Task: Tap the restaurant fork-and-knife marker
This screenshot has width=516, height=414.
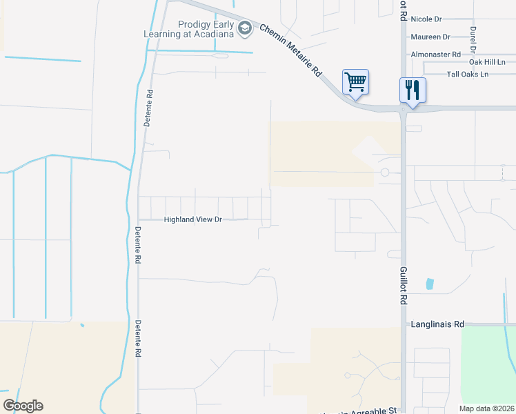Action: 413,90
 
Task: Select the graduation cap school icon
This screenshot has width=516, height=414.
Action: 244,28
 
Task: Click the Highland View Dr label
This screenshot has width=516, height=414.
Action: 192,220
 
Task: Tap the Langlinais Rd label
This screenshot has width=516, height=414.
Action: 438,324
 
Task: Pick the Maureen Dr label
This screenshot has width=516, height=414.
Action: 430,37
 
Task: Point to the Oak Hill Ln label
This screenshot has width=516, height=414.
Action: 487,62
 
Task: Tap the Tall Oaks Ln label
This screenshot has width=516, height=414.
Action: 467,74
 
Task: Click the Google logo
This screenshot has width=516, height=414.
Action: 23,406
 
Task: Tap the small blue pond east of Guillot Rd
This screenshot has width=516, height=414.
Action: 430,283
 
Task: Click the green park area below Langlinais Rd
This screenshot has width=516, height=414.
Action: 488,366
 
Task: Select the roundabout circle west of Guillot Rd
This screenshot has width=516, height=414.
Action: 385,172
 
